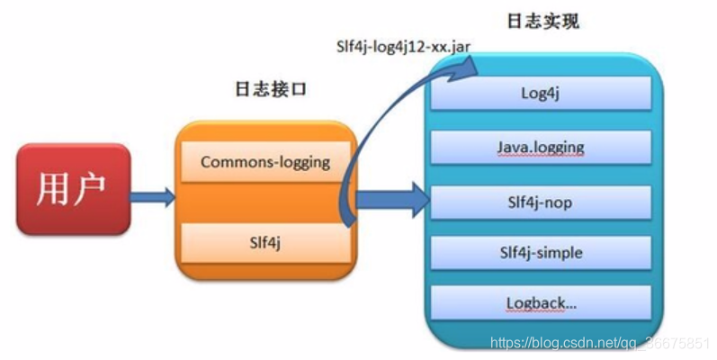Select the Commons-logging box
[264, 162]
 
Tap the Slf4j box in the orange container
[264, 240]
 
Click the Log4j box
[540, 93]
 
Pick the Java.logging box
[540, 147]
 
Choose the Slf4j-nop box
[540, 202]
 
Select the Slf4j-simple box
[540, 253]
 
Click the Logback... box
[540, 303]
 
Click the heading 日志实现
[542, 21]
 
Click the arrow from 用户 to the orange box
[152, 196]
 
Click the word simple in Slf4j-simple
[560, 253]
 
